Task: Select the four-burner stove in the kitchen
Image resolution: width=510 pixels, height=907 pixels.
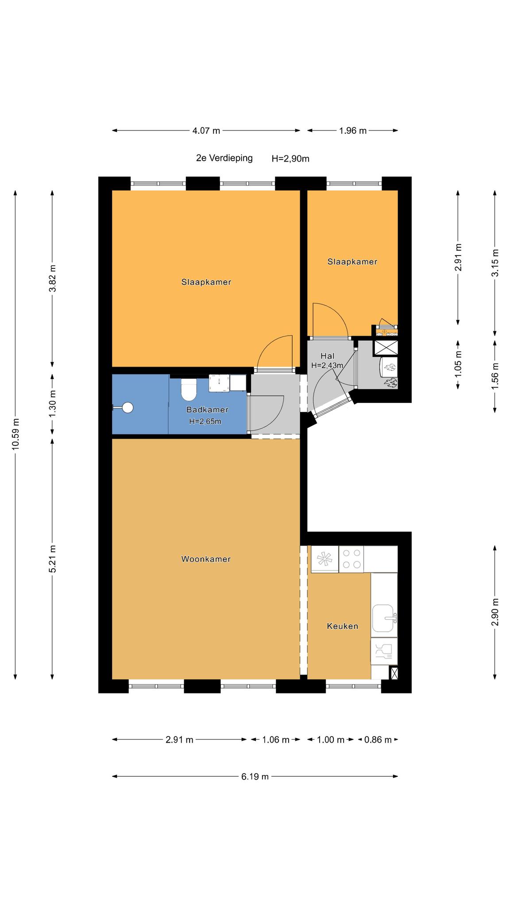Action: (x=351, y=559)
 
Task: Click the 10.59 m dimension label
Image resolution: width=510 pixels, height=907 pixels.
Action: (x=16, y=434)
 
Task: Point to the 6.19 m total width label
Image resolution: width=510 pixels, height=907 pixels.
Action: (x=255, y=776)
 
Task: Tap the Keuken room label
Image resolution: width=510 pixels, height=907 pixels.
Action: (x=342, y=626)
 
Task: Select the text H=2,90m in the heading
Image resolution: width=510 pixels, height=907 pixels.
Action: (x=290, y=159)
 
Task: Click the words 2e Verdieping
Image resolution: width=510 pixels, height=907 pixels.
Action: (x=224, y=158)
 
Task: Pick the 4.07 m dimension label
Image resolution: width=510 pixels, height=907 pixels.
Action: (x=206, y=131)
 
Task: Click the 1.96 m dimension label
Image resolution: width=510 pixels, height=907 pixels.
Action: (x=353, y=131)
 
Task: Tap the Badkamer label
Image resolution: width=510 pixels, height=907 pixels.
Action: (x=207, y=410)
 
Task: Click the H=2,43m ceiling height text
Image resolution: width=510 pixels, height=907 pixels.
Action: (x=327, y=365)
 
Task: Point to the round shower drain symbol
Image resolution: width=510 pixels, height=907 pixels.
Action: (x=128, y=408)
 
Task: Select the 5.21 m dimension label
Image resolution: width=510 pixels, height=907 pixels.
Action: (x=53, y=558)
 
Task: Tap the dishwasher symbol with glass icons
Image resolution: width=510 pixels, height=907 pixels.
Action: (x=384, y=651)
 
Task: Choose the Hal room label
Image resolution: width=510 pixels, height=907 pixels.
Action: (x=328, y=356)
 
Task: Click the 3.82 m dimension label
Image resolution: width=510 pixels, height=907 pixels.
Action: (x=53, y=278)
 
